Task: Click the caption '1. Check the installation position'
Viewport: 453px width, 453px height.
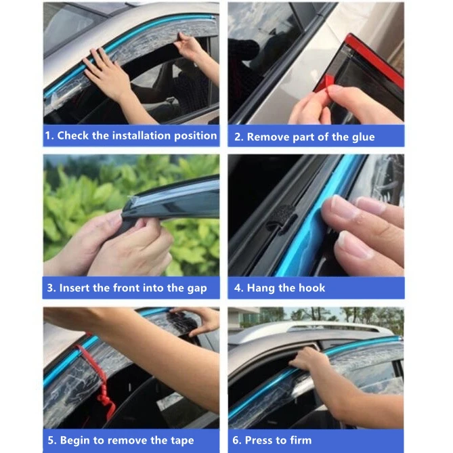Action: click(x=131, y=135)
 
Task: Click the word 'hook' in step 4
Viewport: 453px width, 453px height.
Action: click(x=310, y=288)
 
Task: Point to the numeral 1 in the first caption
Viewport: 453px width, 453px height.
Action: click(x=48, y=135)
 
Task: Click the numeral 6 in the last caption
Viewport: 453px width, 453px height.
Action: click(x=237, y=440)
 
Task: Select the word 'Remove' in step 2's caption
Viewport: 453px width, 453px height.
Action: click(x=269, y=137)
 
